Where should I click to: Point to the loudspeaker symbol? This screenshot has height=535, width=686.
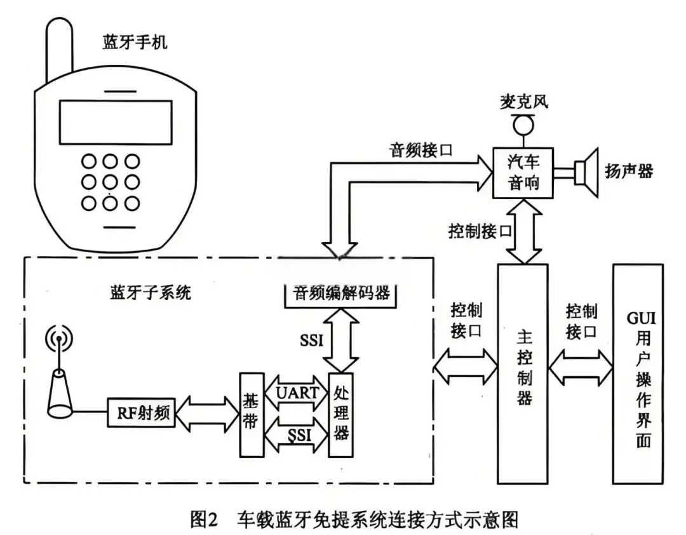click(x=586, y=170)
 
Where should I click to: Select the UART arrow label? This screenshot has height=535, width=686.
click(x=297, y=393)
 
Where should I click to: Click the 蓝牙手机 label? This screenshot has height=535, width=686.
click(x=135, y=43)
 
